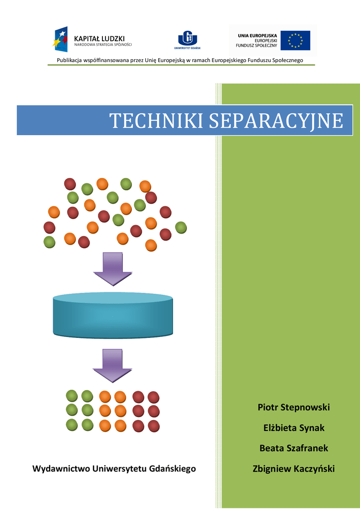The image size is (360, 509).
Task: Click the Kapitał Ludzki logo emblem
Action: (61, 39)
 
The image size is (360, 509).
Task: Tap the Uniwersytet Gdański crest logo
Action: (187, 38)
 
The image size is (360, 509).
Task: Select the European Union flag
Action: (295, 40)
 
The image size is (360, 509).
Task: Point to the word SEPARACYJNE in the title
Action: (276, 121)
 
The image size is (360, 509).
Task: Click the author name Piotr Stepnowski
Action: (293, 408)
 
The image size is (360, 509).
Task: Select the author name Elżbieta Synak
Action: (293, 428)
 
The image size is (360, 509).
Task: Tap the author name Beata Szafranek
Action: (293, 448)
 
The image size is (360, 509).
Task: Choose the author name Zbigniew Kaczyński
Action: (293, 469)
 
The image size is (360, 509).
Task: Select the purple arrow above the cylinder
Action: (113, 268)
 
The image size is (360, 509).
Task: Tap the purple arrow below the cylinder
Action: (113, 365)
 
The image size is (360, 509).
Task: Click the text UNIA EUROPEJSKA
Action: (257, 35)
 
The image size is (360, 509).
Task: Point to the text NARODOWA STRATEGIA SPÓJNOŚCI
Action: (103, 45)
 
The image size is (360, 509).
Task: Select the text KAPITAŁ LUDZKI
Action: (99, 38)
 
